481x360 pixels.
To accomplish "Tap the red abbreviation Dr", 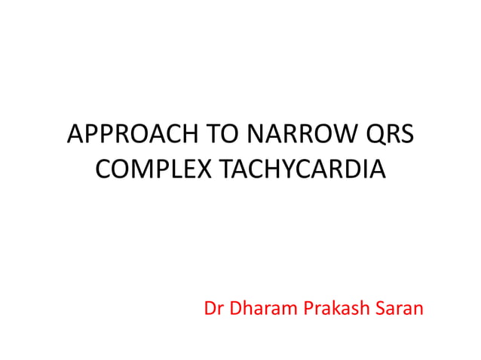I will [214, 309].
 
